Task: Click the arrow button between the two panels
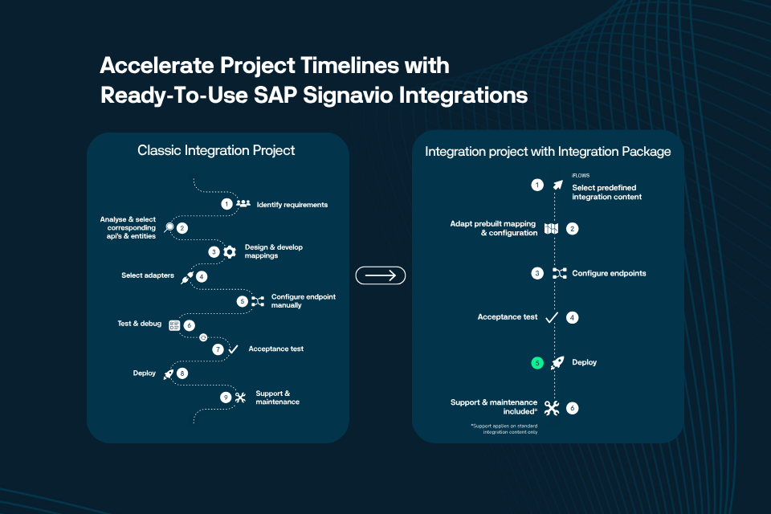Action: click(x=381, y=275)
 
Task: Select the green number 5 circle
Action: click(x=536, y=363)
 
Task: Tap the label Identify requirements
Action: click(x=292, y=205)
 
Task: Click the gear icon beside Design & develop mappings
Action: click(x=230, y=252)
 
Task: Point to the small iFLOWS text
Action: click(x=581, y=174)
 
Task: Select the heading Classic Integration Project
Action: click(x=216, y=150)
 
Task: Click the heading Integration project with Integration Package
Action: click(x=548, y=151)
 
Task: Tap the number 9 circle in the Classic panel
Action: click(x=226, y=397)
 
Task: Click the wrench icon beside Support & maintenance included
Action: click(x=551, y=408)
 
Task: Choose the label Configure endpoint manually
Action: click(x=303, y=300)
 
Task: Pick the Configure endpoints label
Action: click(x=609, y=273)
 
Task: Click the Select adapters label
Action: click(x=149, y=275)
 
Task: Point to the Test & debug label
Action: click(x=140, y=324)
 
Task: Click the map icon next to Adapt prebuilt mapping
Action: click(x=551, y=229)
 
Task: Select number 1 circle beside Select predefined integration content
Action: click(x=536, y=185)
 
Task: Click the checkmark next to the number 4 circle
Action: click(x=551, y=318)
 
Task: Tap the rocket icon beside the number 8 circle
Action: click(x=169, y=373)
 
